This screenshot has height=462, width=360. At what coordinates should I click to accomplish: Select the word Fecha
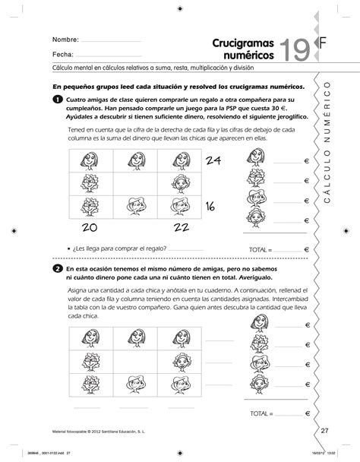click(62, 55)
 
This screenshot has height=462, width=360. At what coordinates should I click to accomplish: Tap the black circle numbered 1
click(58, 100)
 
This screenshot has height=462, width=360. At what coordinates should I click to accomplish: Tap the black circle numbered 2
click(58, 270)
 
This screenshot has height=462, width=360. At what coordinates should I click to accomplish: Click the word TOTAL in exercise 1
click(260, 248)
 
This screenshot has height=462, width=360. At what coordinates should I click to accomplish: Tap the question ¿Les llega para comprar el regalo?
click(121, 248)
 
